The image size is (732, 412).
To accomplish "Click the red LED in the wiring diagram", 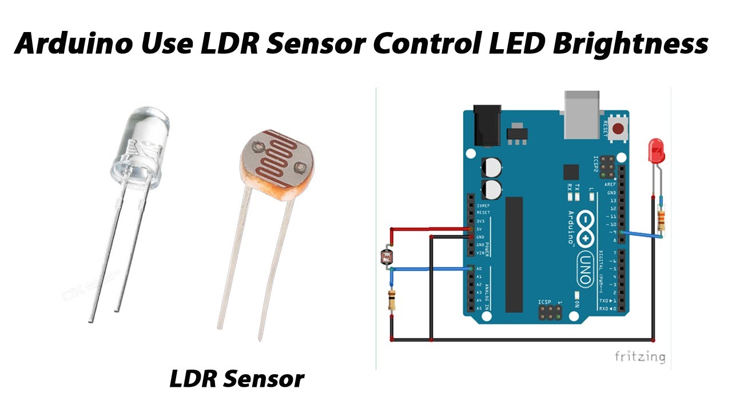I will (656, 151).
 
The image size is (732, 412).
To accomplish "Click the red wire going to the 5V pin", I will (429, 228).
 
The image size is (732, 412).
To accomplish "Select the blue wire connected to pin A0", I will (429, 268).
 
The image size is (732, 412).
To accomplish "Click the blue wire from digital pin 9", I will (640, 234).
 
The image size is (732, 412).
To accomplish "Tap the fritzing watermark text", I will (639, 357).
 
